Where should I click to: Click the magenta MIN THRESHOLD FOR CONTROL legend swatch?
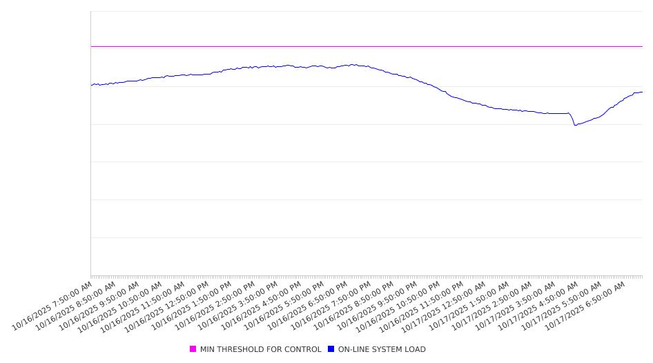[193, 349]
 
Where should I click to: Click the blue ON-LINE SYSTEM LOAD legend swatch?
[331, 349]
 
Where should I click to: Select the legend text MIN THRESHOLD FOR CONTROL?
[260, 349]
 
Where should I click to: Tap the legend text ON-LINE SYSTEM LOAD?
[382, 349]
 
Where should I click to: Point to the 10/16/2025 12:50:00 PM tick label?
[168, 306]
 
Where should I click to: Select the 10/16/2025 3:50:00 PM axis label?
[238, 305]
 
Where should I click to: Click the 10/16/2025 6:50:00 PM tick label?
[307, 305]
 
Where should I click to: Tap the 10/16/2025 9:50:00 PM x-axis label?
[377, 305]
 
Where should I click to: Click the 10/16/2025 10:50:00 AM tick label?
[121, 306]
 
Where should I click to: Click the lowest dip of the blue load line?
[575, 125]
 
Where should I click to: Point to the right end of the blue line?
[642, 92]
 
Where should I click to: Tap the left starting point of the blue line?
[91, 85]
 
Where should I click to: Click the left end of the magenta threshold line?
[91, 46]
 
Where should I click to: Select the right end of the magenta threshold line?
[642, 46]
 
